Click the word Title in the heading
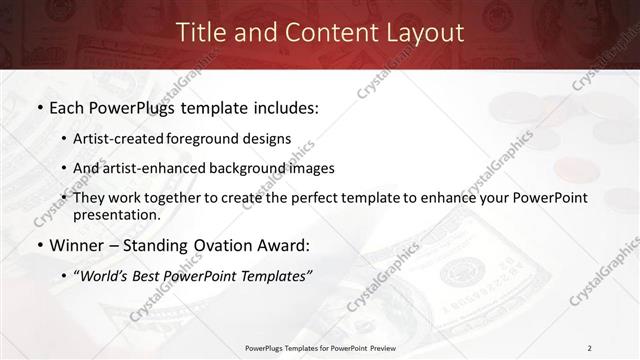click(x=200, y=32)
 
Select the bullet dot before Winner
click(x=38, y=246)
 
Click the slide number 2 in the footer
click(x=590, y=347)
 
